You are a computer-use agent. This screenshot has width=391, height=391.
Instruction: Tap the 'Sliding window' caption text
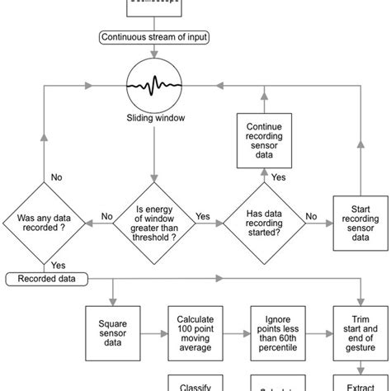[x=154, y=118]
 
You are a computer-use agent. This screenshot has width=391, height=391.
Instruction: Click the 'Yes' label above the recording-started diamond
[x=280, y=177]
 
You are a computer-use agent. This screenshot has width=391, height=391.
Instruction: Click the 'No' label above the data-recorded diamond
[x=57, y=177]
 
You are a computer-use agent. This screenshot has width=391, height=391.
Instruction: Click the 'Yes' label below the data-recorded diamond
[x=59, y=265]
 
